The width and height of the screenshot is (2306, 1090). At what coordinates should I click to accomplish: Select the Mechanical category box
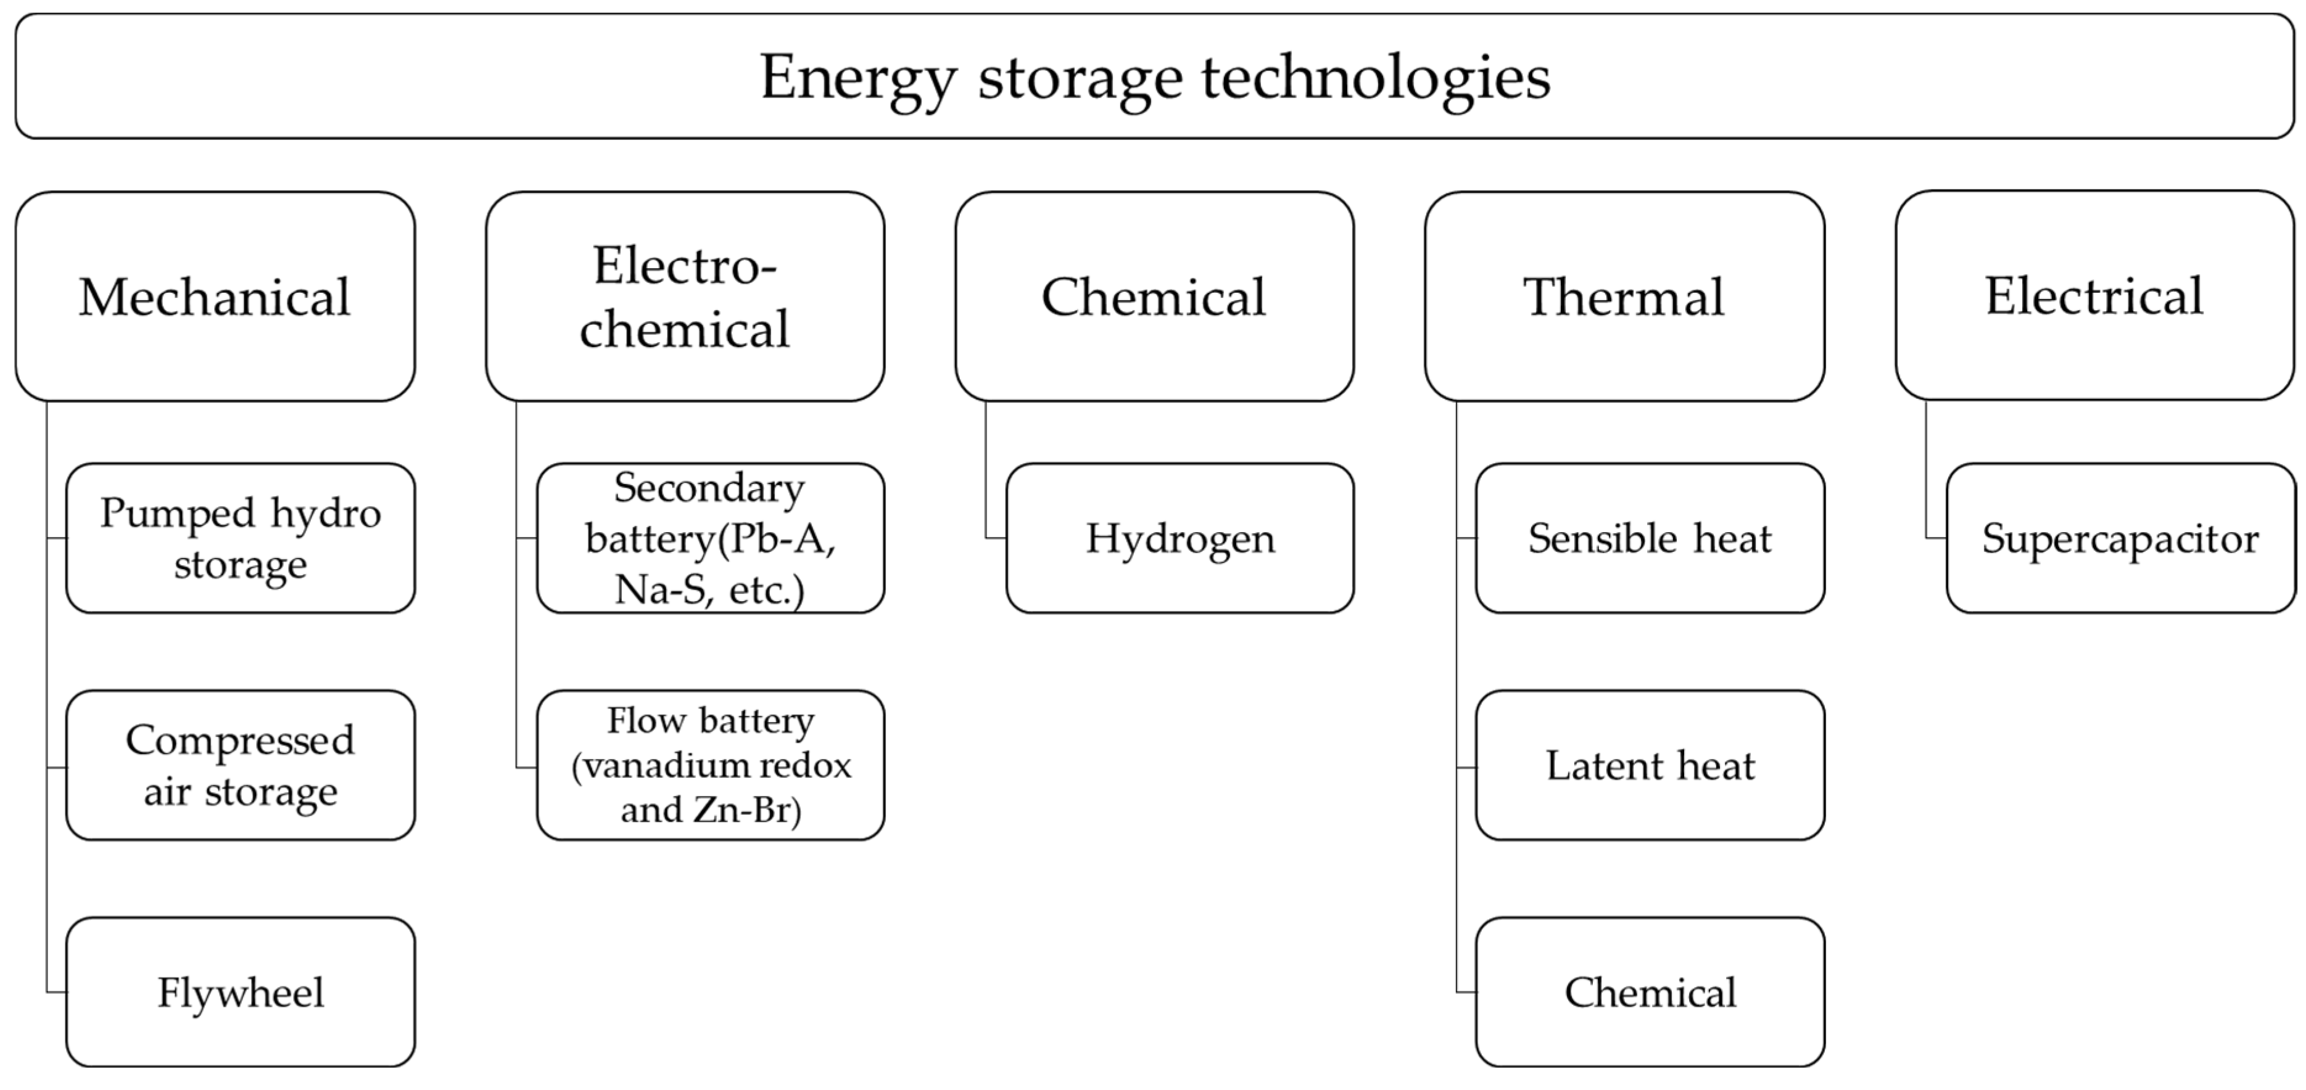(x=215, y=296)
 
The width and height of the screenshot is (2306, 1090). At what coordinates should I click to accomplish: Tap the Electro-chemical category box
(x=685, y=296)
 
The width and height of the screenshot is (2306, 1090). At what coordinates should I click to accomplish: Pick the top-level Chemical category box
(x=1154, y=296)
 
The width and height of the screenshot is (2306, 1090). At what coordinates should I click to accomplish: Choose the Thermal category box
(x=1624, y=296)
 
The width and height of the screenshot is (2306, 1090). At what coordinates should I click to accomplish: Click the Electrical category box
(x=2094, y=295)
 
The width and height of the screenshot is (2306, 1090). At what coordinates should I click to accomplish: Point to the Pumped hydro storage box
(x=240, y=538)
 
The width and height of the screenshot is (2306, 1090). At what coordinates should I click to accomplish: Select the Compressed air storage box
(x=240, y=765)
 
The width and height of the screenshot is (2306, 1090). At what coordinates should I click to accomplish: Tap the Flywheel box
(x=240, y=991)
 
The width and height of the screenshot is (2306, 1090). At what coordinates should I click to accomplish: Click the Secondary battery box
(x=710, y=538)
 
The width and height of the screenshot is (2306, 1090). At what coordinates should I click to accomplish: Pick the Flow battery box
(x=710, y=765)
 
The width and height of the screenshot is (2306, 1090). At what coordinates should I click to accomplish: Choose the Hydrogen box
(x=1180, y=538)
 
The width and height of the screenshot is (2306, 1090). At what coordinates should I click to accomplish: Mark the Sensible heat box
(x=1650, y=538)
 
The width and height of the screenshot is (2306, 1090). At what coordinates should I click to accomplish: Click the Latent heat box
(x=1650, y=765)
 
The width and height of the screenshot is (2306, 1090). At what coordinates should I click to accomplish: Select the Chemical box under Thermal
(x=1650, y=991)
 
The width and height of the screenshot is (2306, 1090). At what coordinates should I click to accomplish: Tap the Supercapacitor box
(x=2120, y=538)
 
